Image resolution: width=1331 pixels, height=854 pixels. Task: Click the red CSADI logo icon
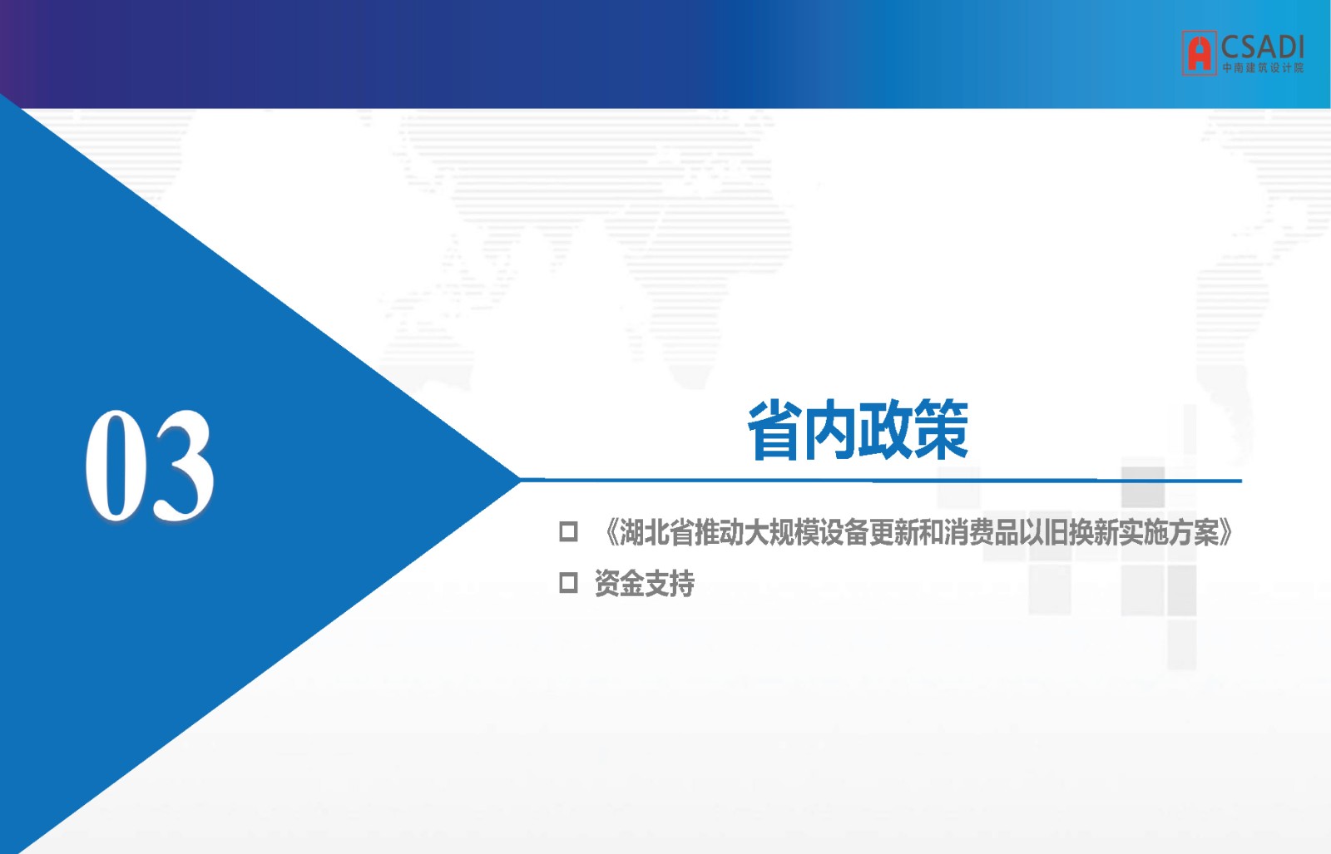(x=1199, y=53)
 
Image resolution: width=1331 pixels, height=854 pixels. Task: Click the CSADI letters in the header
(x=1262, y=47)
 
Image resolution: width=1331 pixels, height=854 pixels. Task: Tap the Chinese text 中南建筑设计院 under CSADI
(x=1263, y=67)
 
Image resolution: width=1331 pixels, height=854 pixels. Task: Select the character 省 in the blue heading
(x=774, y=431)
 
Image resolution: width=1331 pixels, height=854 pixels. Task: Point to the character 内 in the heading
(x=829, y=431)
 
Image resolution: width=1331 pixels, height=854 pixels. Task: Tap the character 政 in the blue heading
(x=885, y=431)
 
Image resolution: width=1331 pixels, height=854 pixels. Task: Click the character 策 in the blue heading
(x=941, y=431)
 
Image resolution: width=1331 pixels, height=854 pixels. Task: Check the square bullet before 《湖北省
(x=569, y=531)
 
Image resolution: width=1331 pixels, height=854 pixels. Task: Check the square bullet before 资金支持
(x=569, y=583)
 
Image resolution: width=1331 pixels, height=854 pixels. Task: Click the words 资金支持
(x=645, y=583)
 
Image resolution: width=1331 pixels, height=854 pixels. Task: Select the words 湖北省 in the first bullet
(x=657, y=532)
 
